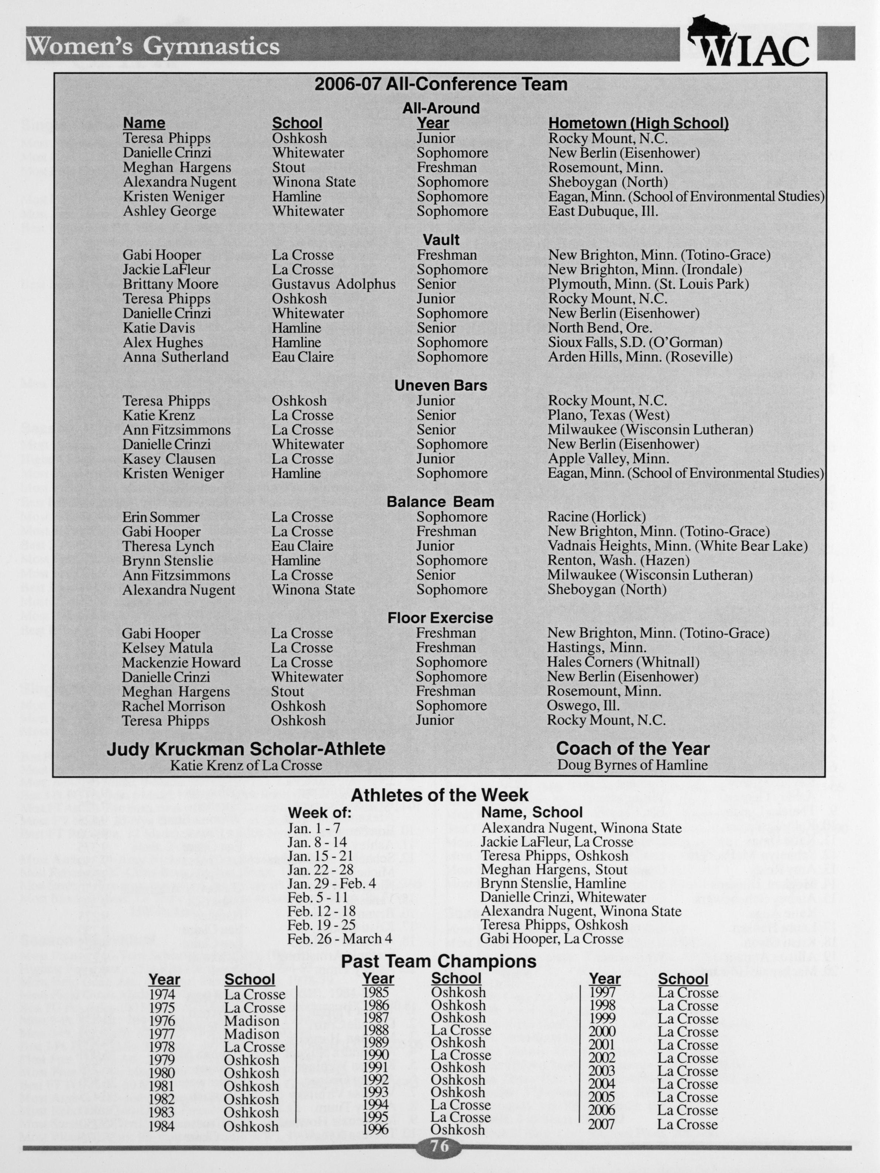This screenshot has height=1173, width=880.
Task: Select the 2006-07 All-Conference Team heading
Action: click(x=440, y=84)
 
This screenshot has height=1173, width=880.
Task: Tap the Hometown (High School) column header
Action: click(x=638, y=123)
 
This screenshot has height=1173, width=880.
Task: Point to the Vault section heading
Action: click(x=441, y=240)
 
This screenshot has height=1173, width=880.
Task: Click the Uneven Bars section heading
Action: click(x=440, y=385)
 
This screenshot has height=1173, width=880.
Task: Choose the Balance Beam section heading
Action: click(x=440, y=502)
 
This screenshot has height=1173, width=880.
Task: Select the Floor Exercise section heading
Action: click(x=440, y=618)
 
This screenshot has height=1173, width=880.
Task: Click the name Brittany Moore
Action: click(x=171, y=284)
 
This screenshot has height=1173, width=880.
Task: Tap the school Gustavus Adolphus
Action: click(x=333, y=284)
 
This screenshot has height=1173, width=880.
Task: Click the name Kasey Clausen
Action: click(x=169, y=459)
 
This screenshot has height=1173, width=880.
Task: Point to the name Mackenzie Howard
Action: click(x=181, y=662)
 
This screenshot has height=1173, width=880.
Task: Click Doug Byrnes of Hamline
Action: click(x=632, y=765)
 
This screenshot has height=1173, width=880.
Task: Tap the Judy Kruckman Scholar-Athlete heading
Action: click(x=246, y=749)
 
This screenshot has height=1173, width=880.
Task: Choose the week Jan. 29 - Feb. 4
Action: click(x=331, y=883)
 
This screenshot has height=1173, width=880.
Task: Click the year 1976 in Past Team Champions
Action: click(x=162, y=1021)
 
